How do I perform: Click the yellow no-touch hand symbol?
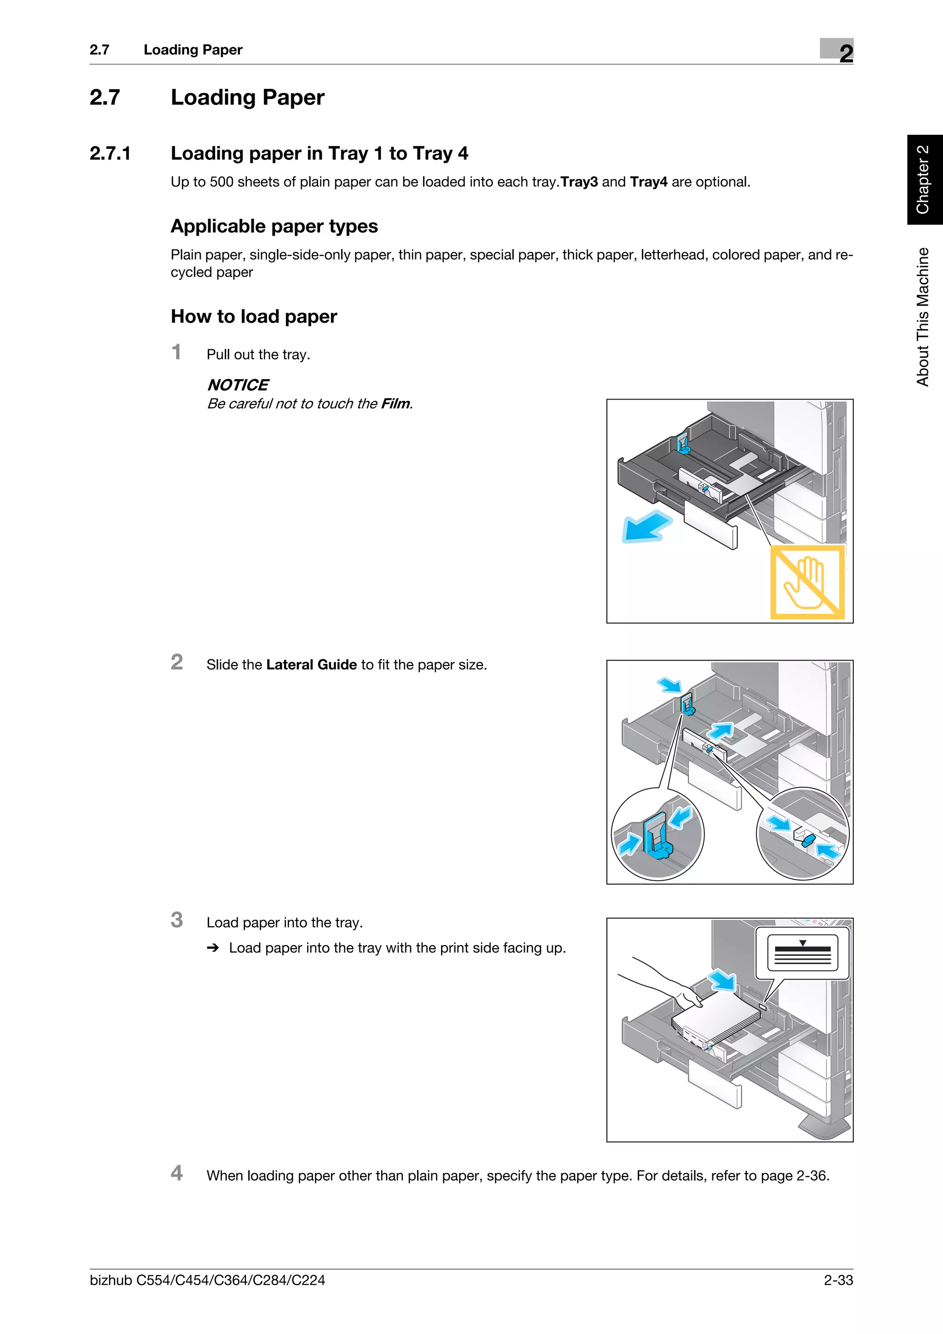coord(807,581)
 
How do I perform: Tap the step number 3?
coord(177,920)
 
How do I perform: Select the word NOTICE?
coord(238,385)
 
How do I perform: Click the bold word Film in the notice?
coord(396,404)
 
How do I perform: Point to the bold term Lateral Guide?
coord(311,665)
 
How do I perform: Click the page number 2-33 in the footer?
coord(838,1280)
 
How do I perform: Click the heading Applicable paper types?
coord(274,226)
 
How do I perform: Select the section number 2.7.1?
coord(110,153)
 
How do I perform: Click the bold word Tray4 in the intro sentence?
coord(648,182)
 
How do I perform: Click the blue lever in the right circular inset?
coord(808,839)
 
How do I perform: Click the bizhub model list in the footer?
coord(207,1280)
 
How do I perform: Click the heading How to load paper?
coord(254,317)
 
